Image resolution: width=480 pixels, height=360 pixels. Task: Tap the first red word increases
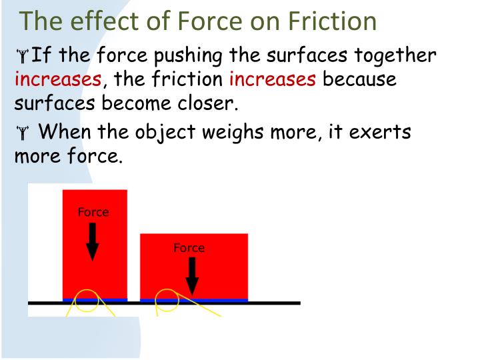pos(58,80)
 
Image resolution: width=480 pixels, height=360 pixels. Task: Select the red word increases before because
pos(272,80)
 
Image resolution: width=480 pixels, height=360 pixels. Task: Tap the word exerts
pos(380,132)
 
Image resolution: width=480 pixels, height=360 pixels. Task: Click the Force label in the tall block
pos(93,213)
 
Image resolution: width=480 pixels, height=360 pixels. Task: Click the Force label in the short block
pos(189,248)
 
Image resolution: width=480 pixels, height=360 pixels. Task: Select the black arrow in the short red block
pos(192,275)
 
